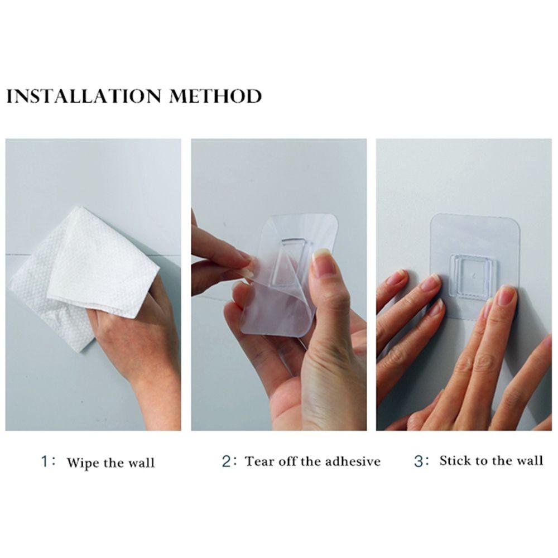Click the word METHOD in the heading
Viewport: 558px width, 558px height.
[215, 96]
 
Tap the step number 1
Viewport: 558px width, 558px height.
[44, 461]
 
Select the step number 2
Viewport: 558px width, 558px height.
[226, 461]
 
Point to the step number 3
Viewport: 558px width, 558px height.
[418, 460]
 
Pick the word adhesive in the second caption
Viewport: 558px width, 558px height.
[353, 461]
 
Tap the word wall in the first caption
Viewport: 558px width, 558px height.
[141, 463]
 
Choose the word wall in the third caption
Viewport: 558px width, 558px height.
[530, 460]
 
